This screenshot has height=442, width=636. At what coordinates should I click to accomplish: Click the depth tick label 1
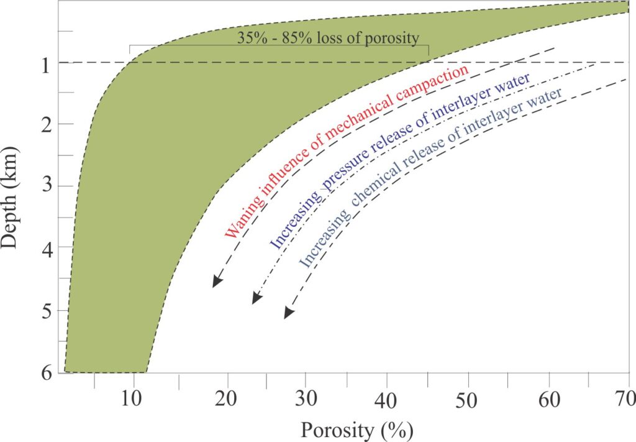click(45, 63)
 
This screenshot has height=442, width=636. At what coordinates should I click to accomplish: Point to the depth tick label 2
click(45, 124)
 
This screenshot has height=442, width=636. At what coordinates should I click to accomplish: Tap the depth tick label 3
click(45, 186)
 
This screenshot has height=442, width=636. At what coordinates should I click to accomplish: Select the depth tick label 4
click(45, 248)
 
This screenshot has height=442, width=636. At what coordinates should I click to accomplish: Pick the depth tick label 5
click(45, 310)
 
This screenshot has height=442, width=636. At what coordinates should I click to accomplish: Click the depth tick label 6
click(45, 372)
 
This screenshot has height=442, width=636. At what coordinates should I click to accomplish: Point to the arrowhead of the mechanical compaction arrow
click(216, 282)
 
